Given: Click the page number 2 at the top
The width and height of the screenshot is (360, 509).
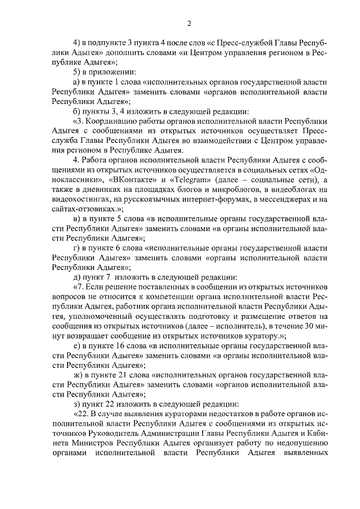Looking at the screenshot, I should coord(190,23).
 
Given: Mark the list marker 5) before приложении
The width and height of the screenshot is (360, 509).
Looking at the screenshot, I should coord(78,73).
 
